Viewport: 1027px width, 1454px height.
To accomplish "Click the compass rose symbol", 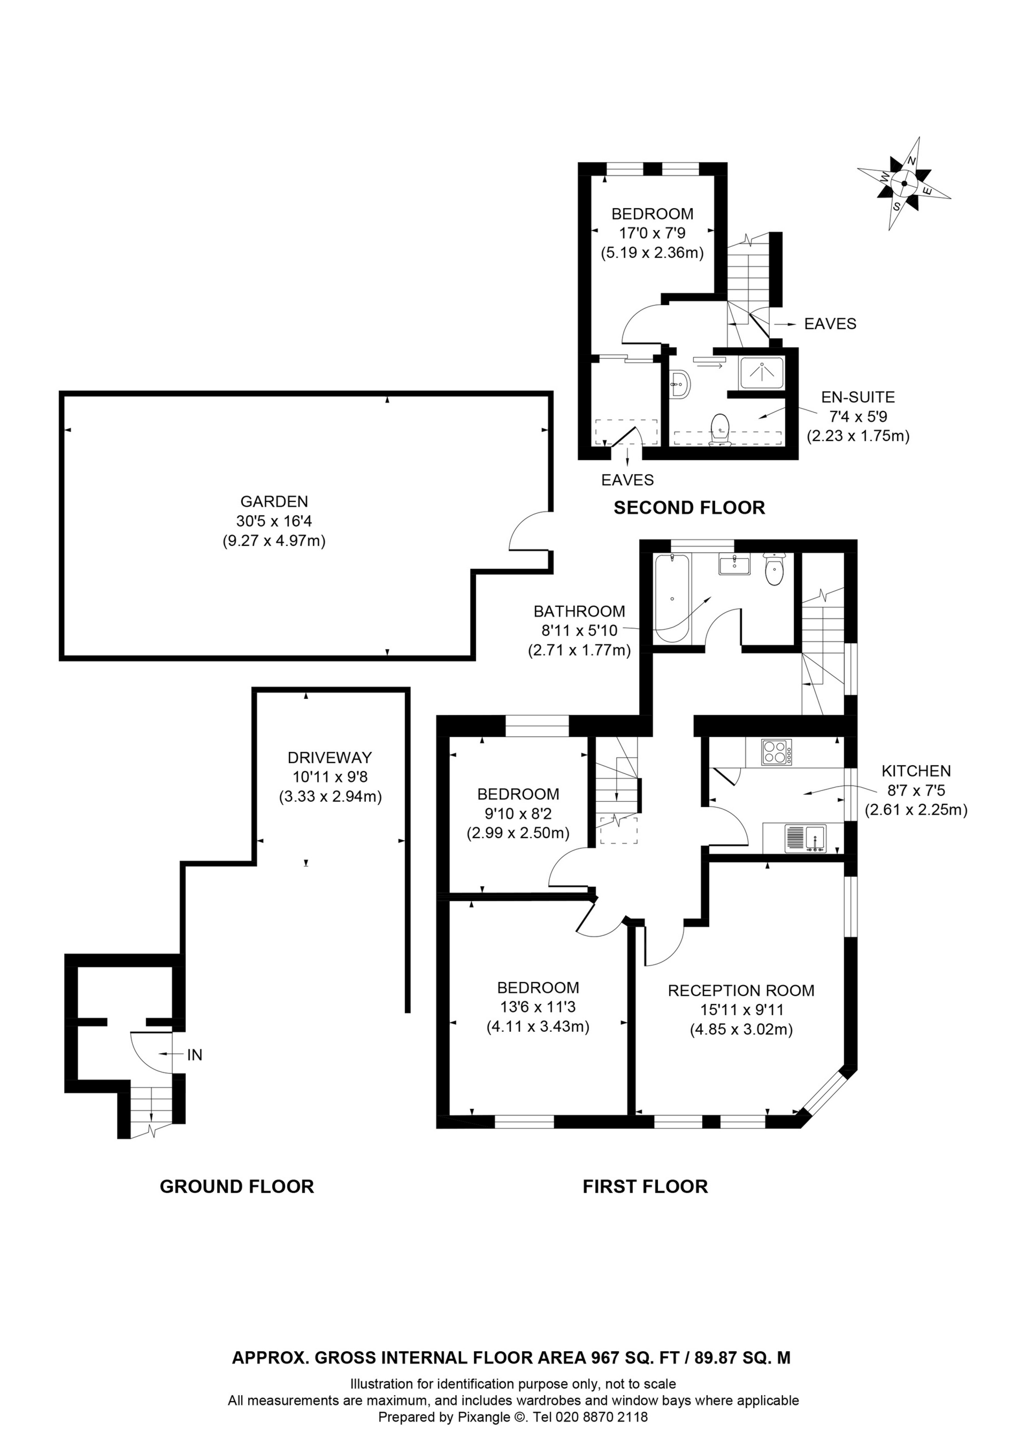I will [x=903, y=184].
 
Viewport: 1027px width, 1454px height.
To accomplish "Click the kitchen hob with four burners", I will [x=777, y=753].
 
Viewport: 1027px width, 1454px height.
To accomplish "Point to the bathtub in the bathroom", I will [x=672, y=598].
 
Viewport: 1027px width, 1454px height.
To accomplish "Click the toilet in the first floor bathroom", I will [x=775, y=570].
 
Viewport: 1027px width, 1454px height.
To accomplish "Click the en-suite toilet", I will [x=720, y=429].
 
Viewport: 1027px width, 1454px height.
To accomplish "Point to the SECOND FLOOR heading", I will [x=689, y=508].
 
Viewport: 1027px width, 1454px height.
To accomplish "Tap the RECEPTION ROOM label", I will [x=741, y=991].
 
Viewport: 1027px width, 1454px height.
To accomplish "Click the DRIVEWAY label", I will [x=329, y=757].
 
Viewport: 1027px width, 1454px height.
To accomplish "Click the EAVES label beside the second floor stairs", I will [x=830, y=324].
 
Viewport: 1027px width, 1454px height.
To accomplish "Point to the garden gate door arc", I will [x=523, y=532].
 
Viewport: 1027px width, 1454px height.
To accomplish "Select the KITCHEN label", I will [x=916, y=771].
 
